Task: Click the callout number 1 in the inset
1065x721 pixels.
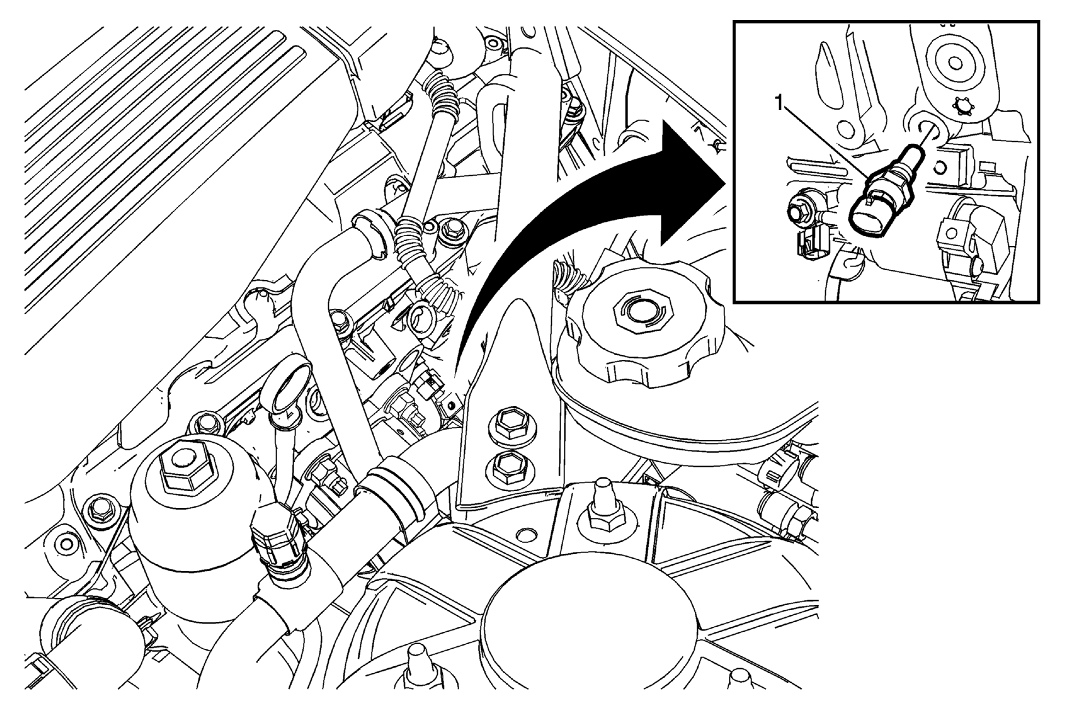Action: coord(778,104)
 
